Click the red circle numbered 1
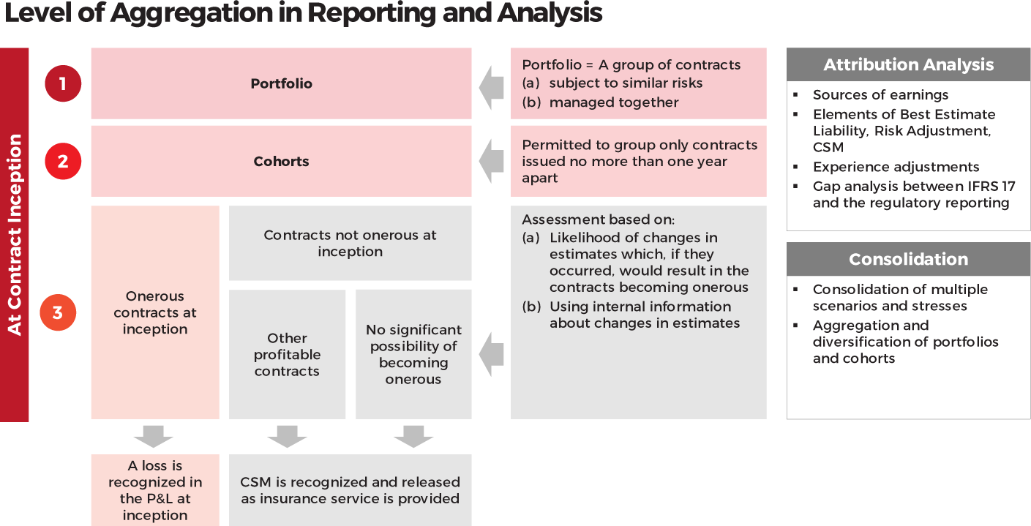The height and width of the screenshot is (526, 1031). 63,83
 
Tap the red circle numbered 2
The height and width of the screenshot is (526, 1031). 63,161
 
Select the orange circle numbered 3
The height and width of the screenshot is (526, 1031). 58,312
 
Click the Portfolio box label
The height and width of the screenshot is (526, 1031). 281,83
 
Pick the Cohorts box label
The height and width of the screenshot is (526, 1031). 281,161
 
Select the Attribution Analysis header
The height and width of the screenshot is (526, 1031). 908,65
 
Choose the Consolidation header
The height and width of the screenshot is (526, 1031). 908,259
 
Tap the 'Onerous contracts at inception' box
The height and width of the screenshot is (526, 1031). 155,312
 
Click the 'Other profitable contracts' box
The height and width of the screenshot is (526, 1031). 287,355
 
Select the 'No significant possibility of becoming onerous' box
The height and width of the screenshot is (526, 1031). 413,355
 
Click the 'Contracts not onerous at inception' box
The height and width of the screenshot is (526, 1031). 350,244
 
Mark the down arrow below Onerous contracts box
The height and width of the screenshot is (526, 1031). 154,436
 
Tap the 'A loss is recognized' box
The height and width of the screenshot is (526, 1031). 155,489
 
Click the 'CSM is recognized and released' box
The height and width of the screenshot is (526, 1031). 350,490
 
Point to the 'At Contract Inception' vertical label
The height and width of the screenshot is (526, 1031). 15,235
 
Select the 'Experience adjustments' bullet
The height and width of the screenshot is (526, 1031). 896,167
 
